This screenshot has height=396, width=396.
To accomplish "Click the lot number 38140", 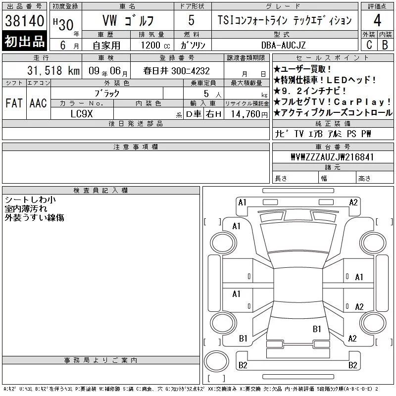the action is pyautogui.click(x=24, y=21).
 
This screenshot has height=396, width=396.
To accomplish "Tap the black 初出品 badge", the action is pyautogui.click(x=24, y=41).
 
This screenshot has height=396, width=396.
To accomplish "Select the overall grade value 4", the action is pyautogui.click(x=377, y=20).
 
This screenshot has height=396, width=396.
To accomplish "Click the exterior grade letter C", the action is pyautogui.click(x=369, y=45).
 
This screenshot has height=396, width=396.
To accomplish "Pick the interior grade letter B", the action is pyautogui.click(x=385, y=45).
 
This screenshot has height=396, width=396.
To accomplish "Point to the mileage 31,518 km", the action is pyautogui.click(x=53, y=71).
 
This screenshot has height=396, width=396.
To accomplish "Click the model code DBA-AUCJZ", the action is pyautogui.click(x=283, y=45).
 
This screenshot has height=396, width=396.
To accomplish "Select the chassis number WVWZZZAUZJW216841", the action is pyautogui.click(x=332, y=157).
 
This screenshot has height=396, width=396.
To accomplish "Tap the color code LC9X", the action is pyautogui.click(x=82, y=114).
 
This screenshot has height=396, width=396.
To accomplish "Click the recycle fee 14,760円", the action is pyautogui.click(x=249, y=114).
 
